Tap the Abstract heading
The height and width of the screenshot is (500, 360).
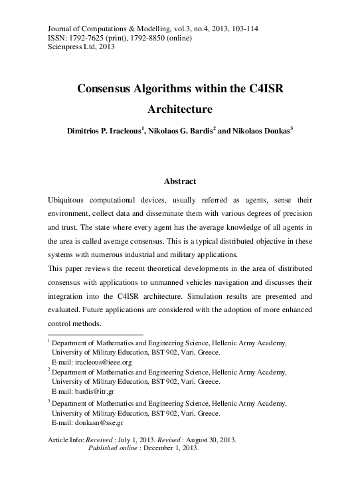179,181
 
